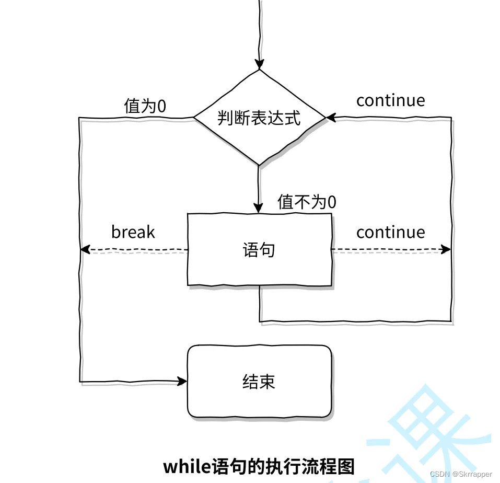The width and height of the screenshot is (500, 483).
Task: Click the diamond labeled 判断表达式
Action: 259,118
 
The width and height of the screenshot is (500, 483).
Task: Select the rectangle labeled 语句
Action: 259,250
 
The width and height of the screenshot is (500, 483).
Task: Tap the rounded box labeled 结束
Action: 259,381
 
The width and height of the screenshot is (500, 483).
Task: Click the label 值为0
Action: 145,106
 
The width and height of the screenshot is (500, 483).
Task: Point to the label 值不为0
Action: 307,202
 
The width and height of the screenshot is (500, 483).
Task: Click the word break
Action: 133,232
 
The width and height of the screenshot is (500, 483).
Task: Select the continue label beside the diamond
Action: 390,100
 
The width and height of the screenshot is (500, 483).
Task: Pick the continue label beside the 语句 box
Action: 390,232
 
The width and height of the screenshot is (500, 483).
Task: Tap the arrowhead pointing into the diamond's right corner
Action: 330,118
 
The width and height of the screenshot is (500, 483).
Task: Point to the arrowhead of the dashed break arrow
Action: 85,250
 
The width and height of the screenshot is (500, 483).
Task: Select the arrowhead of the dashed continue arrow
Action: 446,249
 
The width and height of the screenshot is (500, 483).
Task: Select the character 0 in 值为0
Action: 161,106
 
